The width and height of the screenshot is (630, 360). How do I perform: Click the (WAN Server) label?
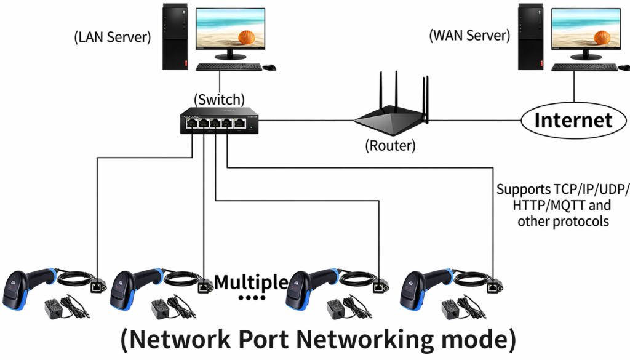[469, 35]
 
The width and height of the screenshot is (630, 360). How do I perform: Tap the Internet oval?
[573, 120]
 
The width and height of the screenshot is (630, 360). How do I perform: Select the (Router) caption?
[389, 146]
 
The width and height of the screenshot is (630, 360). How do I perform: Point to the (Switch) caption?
[219, 99]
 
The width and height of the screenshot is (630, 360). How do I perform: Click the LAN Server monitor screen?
[230, 30]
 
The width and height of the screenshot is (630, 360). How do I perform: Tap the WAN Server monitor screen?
[585, 30]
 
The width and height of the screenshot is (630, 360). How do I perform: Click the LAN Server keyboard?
[228, 66]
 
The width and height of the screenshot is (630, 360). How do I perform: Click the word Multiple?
[251, 282]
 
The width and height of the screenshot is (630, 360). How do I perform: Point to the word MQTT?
[554, 205]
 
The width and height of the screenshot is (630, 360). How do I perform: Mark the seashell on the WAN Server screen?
[602, 37]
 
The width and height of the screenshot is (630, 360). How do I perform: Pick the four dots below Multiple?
[251, 299]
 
